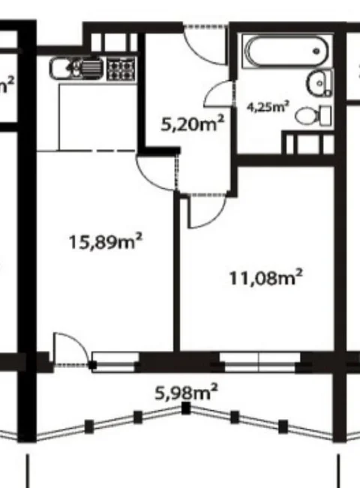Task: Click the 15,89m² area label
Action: [105, 241]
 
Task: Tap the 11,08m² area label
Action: [265, 277]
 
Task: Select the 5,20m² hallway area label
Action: [193, 124]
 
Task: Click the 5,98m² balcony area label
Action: [186, 393]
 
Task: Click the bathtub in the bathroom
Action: [286, 52]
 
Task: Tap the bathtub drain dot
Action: [316, 51]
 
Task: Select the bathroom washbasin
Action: [319, 83]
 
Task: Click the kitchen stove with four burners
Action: [122, 70]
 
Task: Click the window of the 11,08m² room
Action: [259, 362]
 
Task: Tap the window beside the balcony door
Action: [115, 362]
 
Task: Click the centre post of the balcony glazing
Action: [186, 408]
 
